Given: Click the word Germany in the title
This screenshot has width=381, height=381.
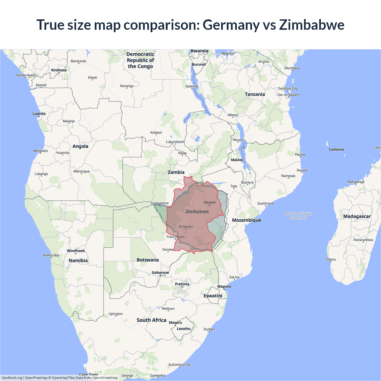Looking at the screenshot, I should (231, 25).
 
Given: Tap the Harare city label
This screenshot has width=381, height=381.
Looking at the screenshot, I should (210, 202).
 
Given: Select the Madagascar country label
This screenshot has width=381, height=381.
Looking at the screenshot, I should (357, 216).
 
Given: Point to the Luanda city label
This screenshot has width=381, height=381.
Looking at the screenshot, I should (39, 114).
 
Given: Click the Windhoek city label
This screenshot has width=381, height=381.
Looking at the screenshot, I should (76, 251).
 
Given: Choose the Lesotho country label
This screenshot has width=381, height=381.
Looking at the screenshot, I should (183, 329).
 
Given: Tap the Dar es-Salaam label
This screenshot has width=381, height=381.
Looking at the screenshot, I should (288, 95).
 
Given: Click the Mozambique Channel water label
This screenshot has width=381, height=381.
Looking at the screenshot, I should (298, 216).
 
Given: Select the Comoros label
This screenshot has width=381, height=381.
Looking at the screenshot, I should (336, 149).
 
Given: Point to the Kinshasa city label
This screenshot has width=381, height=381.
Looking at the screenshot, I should (59, 70).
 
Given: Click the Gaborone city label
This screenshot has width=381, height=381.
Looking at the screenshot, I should (160, 273).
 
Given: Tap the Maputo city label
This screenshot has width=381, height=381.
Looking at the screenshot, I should (224, 287).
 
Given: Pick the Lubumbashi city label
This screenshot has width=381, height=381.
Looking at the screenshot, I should (175, 142).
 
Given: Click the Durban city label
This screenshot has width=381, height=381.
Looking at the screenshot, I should (209, 329).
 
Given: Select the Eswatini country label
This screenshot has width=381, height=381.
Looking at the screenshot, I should (213, 296).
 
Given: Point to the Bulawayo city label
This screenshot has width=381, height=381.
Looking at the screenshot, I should (186, 227).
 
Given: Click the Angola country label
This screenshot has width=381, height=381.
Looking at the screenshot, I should (80, 146).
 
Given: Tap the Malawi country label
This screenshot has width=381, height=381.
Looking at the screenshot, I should (237, 160).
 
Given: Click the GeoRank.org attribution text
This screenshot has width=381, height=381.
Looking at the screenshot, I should (12, 378).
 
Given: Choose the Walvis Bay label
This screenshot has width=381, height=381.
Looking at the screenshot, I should (51, 255).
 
